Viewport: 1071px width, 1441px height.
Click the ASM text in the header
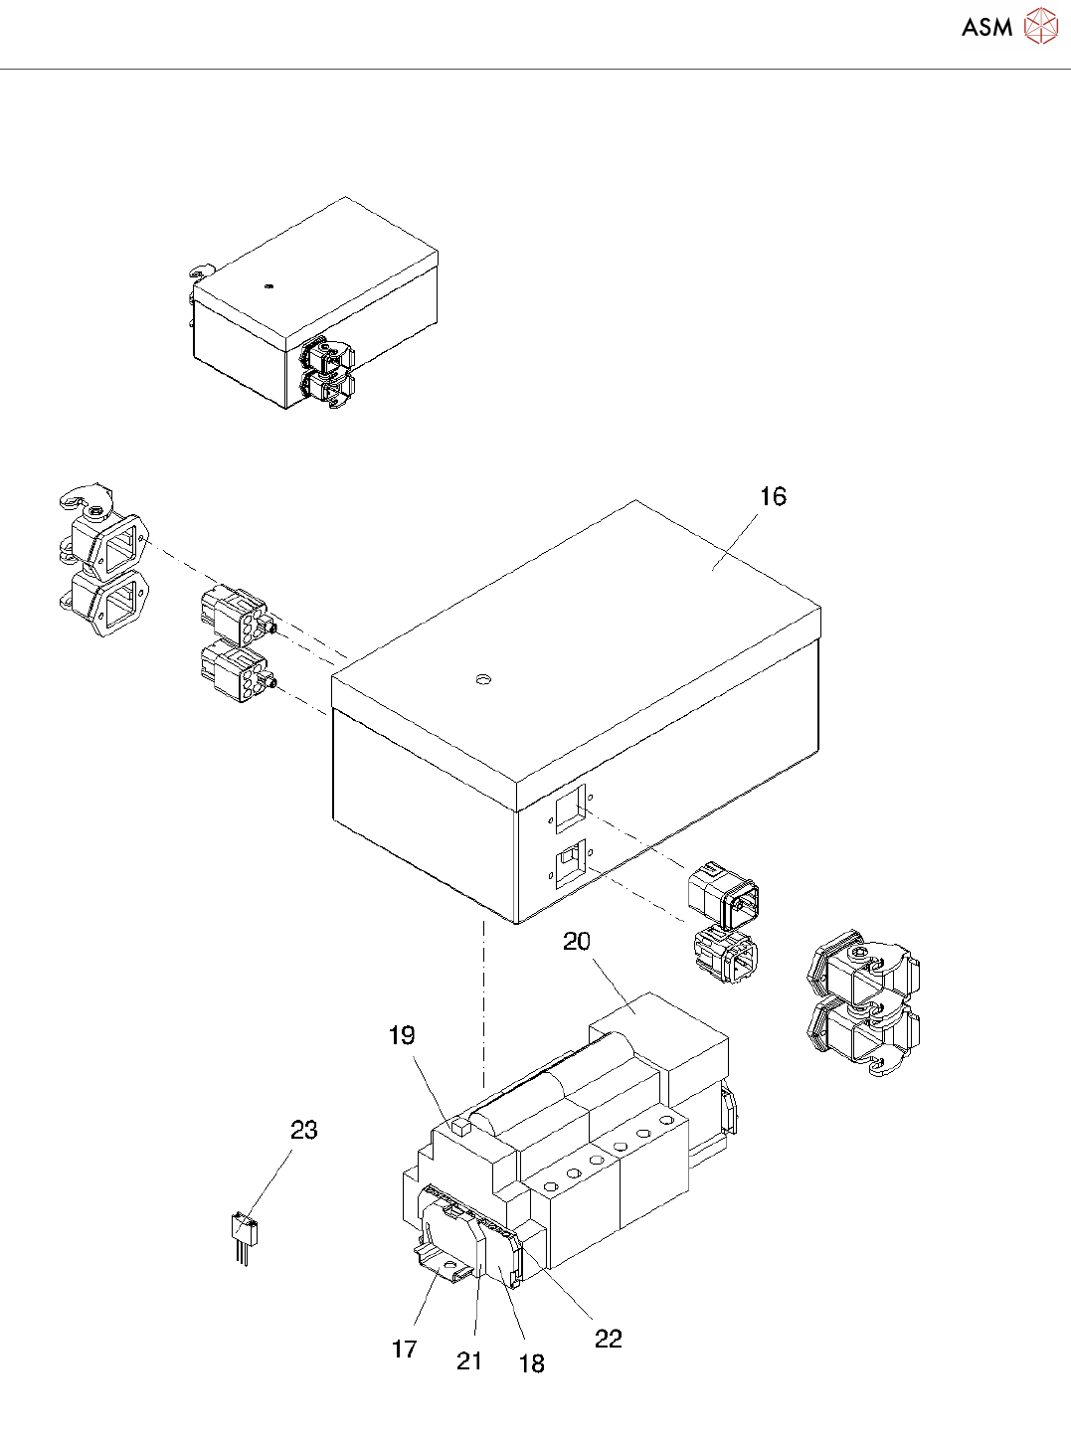tap(986, 27)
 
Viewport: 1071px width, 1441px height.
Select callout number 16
tap(773, 496)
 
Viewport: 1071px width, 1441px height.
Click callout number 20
tap(577, 941)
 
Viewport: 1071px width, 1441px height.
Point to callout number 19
tap(402, 1035)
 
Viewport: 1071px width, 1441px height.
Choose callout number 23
tap(304, 1130)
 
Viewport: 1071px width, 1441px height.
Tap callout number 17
tap(404, 1349)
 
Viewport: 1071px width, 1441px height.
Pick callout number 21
tap(469, 1360)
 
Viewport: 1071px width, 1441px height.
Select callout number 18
tap(532, 1363)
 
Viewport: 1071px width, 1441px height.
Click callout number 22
tap(609, 1339)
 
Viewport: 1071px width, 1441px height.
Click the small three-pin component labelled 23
tap(244, 1233)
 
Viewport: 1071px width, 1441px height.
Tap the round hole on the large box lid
tap(483, 680)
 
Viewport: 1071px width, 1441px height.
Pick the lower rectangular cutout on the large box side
tap(570, 863)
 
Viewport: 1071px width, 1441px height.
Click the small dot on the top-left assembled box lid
tap(268, 286)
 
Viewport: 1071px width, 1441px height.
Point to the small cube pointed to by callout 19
tap(459, 1127)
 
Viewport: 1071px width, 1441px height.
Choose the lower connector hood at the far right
tap(861, 1037)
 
